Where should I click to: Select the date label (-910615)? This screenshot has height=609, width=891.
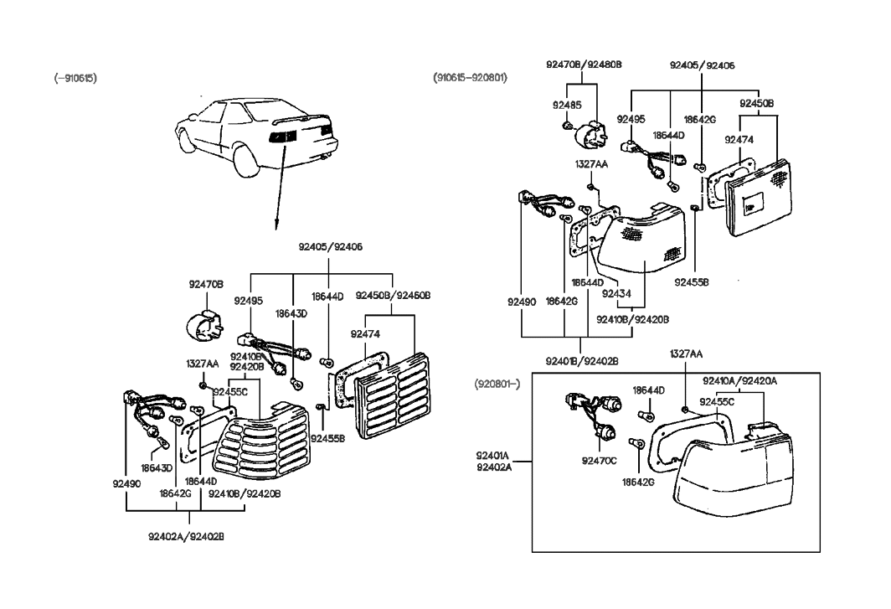[75, 78]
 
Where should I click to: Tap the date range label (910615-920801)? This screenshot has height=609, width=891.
[471, 78]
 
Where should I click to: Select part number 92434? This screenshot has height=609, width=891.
[615, 294]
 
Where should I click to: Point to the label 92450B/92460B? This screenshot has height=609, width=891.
[393, 295]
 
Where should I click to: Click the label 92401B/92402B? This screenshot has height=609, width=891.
[583, 361]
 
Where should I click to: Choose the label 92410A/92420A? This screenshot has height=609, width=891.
[739, 379]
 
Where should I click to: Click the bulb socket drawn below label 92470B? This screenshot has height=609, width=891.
[204, 325]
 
